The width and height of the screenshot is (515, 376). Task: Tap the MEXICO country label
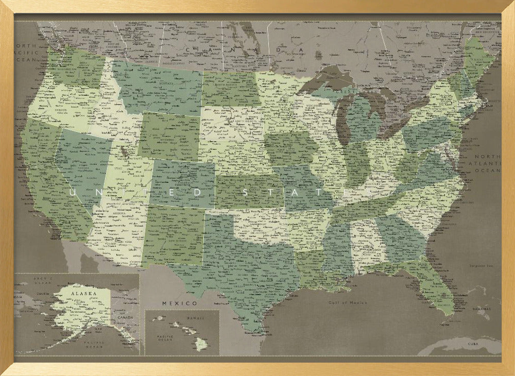click(179, 303)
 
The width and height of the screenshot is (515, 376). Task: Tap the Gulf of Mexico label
click(349, 303)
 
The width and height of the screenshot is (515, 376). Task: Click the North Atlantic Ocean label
click(487, 163)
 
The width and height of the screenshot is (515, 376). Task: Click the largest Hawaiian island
click(200, 343)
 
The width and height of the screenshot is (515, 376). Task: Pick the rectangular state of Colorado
click(183, 183)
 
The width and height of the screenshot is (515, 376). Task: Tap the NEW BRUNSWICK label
click(486, 32)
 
